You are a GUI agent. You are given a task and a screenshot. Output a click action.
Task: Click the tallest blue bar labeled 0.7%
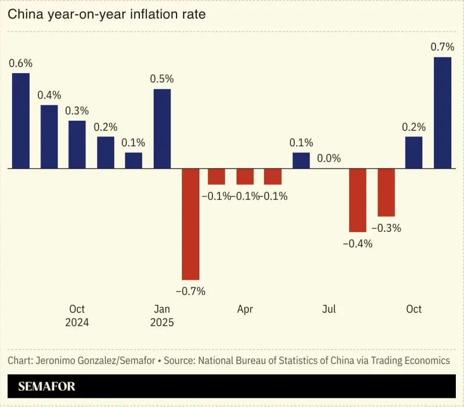(443, 113)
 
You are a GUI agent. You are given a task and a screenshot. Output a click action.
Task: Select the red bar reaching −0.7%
(190, 224)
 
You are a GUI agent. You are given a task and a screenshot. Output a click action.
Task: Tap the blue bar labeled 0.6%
(21, 121)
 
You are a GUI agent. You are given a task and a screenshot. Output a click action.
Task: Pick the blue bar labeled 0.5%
(162, 129)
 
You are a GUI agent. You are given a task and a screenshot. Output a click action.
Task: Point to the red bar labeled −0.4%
(358, 200)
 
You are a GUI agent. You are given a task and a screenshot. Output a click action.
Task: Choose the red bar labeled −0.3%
(386, 192)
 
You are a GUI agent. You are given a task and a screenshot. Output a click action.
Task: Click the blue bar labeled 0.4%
(49, 136)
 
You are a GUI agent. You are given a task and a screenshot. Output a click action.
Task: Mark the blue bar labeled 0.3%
(77, 145)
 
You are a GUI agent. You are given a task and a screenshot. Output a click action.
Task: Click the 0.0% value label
(329, 159)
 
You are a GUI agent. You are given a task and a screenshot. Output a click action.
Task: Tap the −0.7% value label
(190, 291)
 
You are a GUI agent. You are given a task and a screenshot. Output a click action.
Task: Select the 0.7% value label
(443, 46)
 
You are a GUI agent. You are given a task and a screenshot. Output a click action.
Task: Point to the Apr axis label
(245, 309)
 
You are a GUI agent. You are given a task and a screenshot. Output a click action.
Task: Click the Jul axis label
(329, 309)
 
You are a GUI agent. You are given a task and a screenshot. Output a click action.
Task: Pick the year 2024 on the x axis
(77, 322)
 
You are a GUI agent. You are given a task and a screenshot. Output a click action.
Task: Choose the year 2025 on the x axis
(162, 322)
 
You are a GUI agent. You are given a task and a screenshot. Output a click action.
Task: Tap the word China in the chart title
(26, 14)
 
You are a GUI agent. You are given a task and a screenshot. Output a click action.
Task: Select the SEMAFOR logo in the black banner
(47, 386)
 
